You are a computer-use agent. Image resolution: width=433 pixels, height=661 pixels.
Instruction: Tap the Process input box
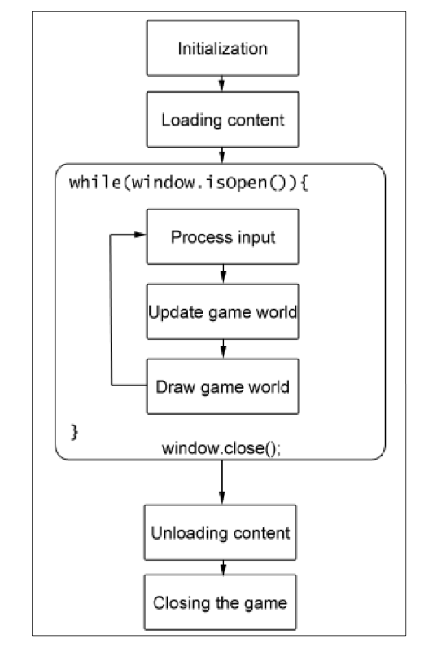222,238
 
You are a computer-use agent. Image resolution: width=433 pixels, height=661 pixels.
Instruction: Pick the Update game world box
222,312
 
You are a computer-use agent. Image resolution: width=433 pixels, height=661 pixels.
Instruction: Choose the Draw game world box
222,386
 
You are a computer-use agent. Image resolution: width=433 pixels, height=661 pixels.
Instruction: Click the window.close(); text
221,448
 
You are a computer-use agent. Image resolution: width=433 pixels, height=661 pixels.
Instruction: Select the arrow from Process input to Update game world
222,275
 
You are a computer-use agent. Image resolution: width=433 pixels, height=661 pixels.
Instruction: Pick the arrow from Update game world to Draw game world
222,349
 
